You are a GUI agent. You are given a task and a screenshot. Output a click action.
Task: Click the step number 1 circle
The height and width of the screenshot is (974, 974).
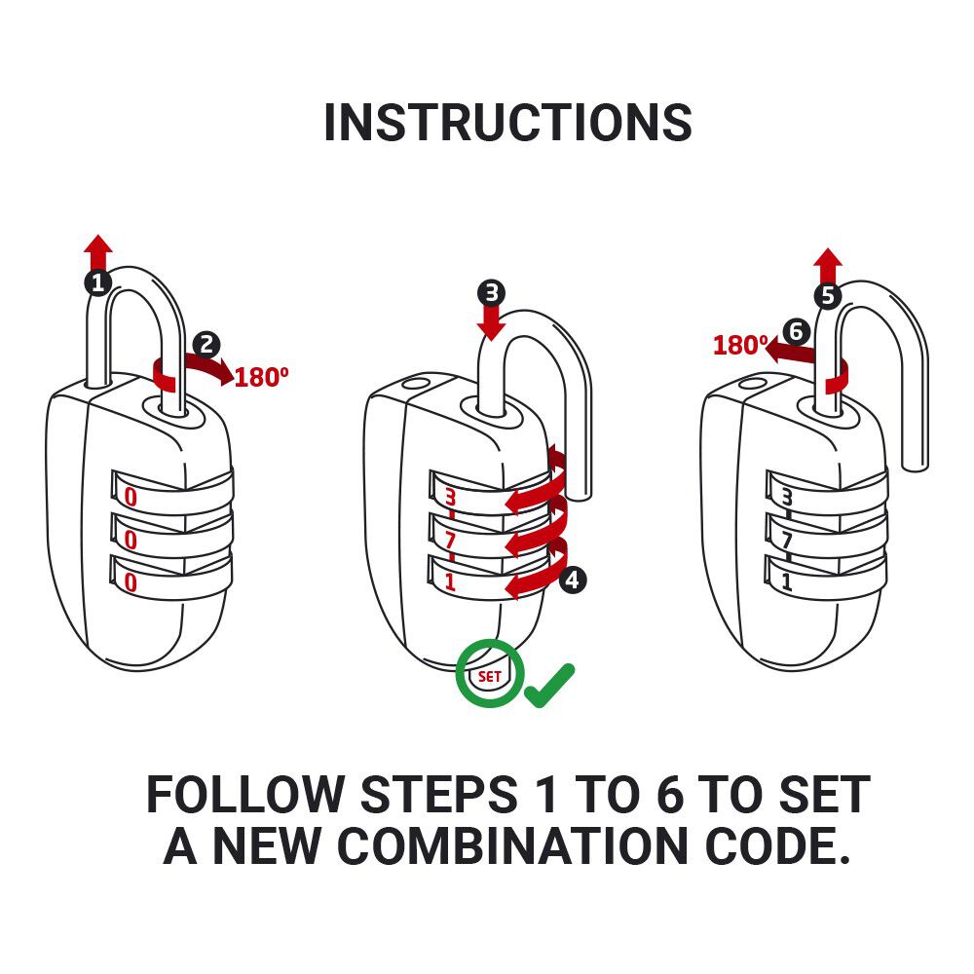[97, 283]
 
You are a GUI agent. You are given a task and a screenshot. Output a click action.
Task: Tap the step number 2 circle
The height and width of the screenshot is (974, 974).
[206, 344]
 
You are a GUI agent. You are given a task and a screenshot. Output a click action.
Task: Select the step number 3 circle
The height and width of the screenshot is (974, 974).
[492, 292]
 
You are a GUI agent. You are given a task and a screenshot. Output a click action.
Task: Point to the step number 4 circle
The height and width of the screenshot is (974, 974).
[572, 581]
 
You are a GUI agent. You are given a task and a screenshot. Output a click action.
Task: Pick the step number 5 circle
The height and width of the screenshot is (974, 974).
[827, 296]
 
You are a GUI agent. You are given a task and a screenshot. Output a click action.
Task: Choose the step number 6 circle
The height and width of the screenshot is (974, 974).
[796, 332]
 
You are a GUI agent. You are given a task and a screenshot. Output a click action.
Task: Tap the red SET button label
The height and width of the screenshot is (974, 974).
[490, 674]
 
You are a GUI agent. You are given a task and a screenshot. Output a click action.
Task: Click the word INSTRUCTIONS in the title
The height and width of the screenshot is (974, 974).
[507, 124]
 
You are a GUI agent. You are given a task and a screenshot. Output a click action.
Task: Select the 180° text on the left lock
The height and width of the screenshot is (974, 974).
[262, 377]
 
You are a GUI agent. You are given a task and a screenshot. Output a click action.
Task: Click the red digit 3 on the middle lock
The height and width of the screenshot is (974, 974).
[450, 498]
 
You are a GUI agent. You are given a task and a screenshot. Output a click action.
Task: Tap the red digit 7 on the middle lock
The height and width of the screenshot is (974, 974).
[450, 540]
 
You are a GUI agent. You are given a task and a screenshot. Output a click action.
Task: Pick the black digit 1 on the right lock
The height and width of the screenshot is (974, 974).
[786, 581]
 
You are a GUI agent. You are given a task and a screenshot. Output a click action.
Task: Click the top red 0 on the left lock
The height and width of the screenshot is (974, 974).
[131, 498]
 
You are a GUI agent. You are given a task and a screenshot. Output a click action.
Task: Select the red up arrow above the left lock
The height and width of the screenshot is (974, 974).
[97, 253]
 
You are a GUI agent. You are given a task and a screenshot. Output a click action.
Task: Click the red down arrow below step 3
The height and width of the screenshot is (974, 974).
[492, 322]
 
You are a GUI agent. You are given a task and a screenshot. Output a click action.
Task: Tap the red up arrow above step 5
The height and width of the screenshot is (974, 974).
[828, 265]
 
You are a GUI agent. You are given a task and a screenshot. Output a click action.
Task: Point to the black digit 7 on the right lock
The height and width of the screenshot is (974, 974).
[786, 540]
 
